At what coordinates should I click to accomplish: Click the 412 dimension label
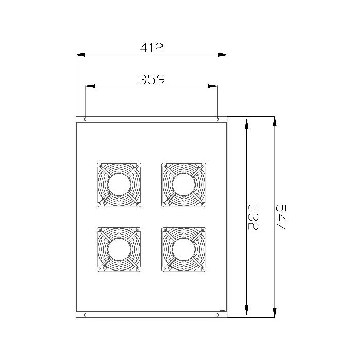152,48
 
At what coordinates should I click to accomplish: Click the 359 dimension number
152,79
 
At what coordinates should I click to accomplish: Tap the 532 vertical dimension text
253,217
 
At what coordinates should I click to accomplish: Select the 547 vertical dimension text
281,217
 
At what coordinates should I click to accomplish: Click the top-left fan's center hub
119,185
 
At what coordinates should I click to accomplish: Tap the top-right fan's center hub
184,185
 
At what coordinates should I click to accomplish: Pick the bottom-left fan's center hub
119,249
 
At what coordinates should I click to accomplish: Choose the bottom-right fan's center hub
184,249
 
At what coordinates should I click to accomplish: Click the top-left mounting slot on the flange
85,119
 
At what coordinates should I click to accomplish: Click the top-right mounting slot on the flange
218,119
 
